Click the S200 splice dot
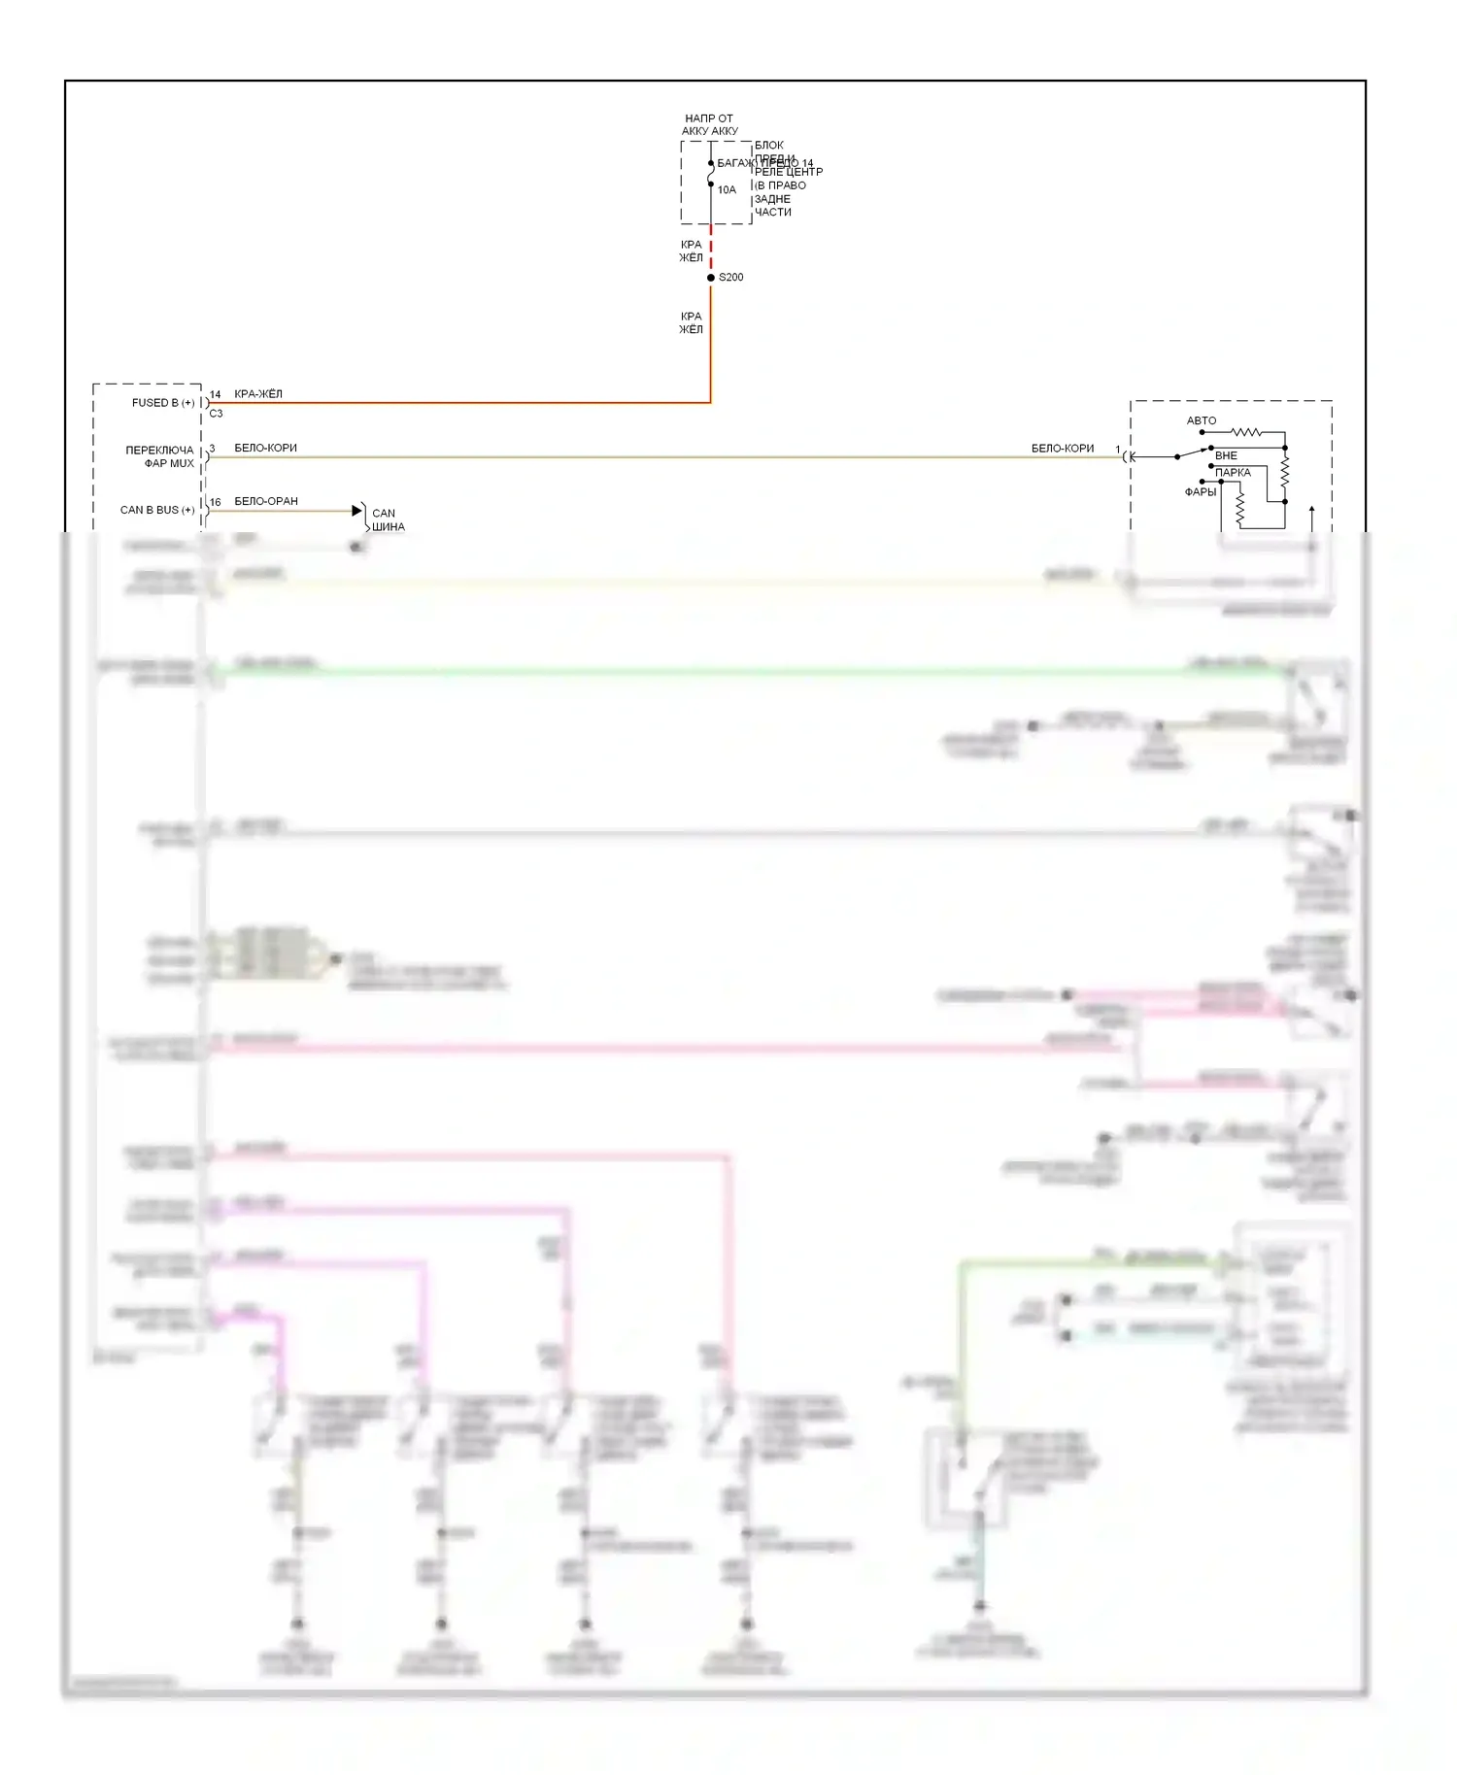711,278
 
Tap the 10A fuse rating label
727,190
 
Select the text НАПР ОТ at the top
709,118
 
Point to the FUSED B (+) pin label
163,403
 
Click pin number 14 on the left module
216,394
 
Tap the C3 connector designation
216,414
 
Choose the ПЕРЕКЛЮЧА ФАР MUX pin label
160,456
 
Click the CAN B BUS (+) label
157,510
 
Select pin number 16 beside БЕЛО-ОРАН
216,502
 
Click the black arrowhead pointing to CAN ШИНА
356,511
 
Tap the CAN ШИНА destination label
388,520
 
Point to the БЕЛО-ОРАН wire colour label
266,502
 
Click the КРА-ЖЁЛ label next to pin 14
258,394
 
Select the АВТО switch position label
1202,420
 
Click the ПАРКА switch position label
1233,473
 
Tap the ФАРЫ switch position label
1201,492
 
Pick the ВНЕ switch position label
1226,455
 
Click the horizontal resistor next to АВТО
1245,432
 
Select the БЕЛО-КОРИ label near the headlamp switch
1063,449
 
